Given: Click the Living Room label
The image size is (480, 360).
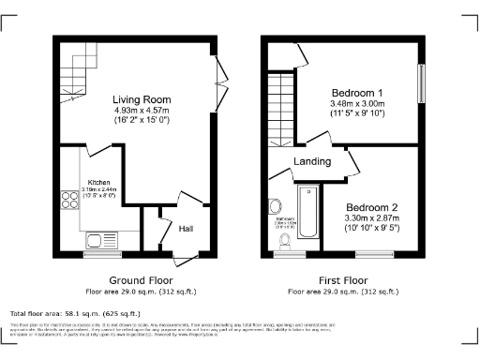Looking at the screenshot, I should click(140, 99).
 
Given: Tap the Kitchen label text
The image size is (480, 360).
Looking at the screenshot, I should click(100, 182).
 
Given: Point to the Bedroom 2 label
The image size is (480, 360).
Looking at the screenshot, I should click(372, 206).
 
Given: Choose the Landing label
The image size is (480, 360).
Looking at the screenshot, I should click(312, 162).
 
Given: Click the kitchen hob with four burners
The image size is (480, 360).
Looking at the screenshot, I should click(69, 199).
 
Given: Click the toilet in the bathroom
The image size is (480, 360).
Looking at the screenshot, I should click(283, 241).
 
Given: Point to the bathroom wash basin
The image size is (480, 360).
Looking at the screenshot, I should click(276, 207).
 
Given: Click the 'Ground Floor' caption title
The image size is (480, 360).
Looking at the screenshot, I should click(141, 280).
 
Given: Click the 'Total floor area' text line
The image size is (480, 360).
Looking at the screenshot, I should click(75, 313).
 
